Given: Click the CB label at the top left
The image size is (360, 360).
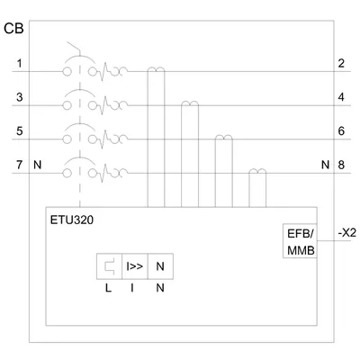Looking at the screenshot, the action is (x=13, y=29).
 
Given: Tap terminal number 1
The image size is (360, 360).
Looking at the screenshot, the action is (x=20, y=64).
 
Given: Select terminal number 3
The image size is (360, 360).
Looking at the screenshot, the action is (x=20, y=97).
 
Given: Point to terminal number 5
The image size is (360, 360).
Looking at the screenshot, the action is (x=20, y=131).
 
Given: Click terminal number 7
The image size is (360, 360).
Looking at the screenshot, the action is (x=20, y=165).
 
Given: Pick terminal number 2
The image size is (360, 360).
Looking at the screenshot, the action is (x=341, y=64).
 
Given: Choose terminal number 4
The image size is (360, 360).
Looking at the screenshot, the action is (x=341, y=97).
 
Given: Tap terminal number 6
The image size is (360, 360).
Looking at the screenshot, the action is (x=341, y=131).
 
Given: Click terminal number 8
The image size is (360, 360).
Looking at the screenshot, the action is (x=341, y=165).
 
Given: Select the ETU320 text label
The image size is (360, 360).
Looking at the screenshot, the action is (x=72, y=220).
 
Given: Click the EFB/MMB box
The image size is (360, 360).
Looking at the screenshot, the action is (x=300, y=240).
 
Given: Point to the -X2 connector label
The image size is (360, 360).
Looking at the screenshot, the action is (x=347, y=233).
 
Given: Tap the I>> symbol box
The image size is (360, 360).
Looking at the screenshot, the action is (x=135, y=266).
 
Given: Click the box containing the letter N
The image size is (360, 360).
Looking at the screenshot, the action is (x=160, y=266).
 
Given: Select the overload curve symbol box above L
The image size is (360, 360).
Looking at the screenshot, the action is (x=109, y=266).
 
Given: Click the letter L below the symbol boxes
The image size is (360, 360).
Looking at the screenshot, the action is (x=108, y=288).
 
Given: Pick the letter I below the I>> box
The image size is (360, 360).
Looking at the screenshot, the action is (x=132, y=288).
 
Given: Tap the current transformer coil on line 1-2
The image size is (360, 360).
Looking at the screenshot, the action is (x=156, y=69).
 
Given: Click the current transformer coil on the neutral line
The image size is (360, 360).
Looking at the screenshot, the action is (x=257, y=171).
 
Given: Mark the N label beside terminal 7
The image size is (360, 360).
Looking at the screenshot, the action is (x=38, y=165).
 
